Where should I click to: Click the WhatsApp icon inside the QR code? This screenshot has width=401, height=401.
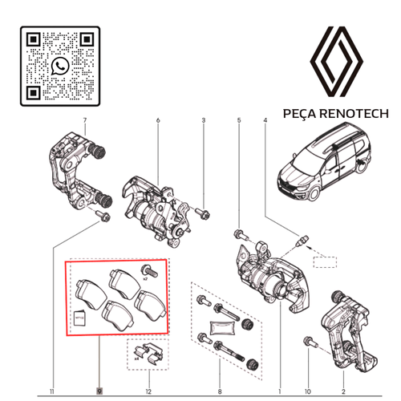[x=59, y=66]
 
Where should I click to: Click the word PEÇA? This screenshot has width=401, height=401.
[x=300, y=114]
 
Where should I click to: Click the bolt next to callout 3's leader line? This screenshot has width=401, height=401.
[x=200, y=214]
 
